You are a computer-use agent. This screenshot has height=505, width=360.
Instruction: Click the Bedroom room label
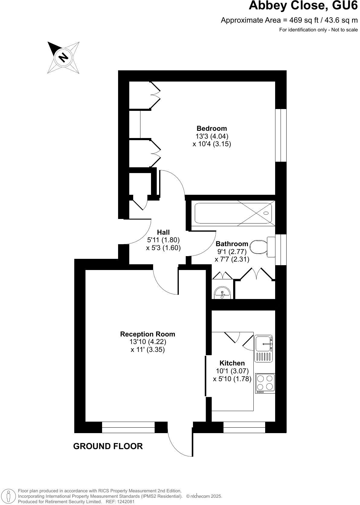pos(211,128)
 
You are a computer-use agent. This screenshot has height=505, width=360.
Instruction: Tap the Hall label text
pos(163,232)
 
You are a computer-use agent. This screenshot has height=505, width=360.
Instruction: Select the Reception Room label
pos(147,334)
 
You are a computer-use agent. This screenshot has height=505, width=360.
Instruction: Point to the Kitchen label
pos(232,363)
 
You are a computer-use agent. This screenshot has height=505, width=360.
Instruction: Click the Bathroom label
pos(232,244)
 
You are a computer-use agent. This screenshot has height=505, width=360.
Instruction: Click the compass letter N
pos(63,57)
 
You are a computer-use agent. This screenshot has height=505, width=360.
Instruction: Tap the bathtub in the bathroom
pos(233,213)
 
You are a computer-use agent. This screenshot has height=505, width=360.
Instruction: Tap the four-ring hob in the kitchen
pos(265,382)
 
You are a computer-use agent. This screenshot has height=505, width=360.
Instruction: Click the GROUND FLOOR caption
pos(108,446)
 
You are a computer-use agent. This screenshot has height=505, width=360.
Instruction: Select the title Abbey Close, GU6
pos(303,6)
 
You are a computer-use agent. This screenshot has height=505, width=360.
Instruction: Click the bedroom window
pos(281,135)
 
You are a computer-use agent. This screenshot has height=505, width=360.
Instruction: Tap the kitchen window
pos(244,427)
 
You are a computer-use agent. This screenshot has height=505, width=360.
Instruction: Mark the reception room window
pos(128,427)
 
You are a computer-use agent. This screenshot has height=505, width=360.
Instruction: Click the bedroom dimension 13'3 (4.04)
pos(212,136)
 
